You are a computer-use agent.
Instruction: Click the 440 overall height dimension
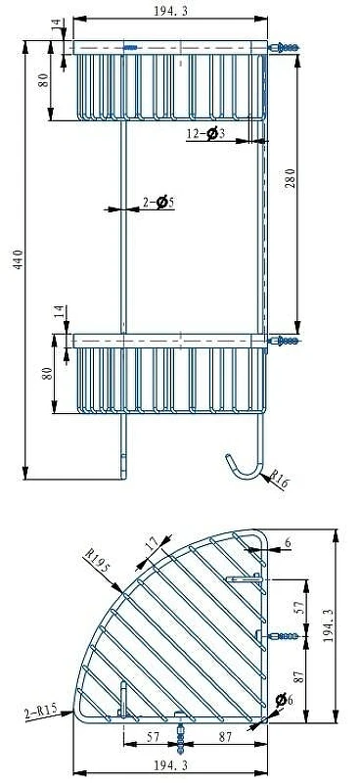tap(18, 259)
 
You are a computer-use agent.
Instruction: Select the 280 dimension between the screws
tap(292, 178)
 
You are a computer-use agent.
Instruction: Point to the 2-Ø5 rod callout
tap(158, 203)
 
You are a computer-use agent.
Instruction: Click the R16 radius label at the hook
tap(279, 479)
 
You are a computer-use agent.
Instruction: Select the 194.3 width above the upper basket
tap(171, 11)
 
